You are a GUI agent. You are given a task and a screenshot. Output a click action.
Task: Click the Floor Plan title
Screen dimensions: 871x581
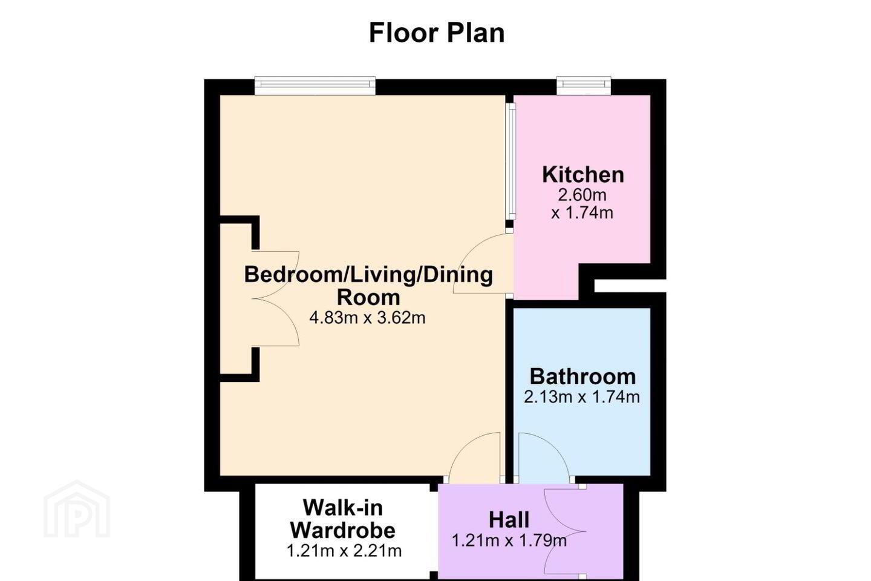coord(437,33)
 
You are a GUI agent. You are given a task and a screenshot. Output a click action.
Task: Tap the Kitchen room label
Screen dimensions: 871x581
coord(583,175)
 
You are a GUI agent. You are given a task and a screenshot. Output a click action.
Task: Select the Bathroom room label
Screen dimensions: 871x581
coord(582,376)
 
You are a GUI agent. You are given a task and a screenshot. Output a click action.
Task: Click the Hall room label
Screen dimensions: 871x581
coord(509,520)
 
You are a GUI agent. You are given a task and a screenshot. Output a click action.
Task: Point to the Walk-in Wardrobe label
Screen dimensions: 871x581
coord(342,519)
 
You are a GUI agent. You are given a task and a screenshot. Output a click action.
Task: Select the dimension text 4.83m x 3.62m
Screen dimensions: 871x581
coord(368,318)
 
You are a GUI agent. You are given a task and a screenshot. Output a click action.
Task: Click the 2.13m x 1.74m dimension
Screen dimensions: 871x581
coord(582,397)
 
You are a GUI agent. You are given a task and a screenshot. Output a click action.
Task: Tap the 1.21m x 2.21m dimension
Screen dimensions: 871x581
coord(344,551)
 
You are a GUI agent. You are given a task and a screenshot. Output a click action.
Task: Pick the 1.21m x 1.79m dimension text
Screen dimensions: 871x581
coord(509,540)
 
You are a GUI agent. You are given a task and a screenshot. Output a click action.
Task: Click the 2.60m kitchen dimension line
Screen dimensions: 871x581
coord(582,195)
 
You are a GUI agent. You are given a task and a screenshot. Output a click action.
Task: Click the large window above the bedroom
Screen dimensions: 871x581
coord(315,85)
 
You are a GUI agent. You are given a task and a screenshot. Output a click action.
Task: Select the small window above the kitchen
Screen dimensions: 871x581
coord(584,85)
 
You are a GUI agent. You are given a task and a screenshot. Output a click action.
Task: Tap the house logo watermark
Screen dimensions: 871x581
coord(77,509)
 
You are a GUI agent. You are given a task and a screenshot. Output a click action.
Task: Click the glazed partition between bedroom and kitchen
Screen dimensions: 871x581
coord(511,162)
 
